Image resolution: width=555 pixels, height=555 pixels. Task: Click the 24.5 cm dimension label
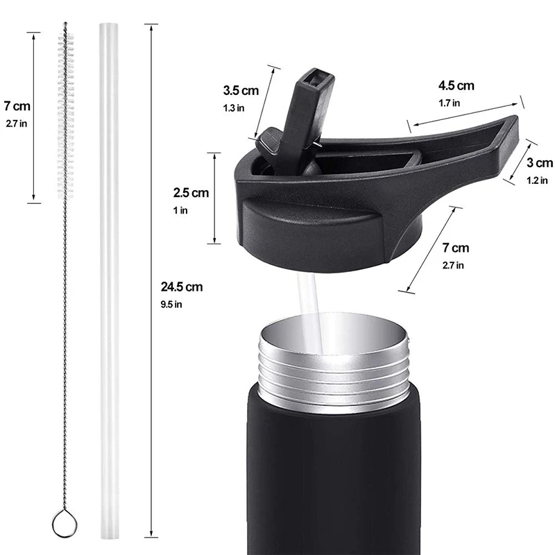(x=182, y=287)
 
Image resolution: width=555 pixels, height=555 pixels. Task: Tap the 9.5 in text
(x=171, y=305)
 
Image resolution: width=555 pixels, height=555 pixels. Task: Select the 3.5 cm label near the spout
(x=241, y=91)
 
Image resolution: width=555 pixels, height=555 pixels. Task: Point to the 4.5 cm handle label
(x=456, y=85)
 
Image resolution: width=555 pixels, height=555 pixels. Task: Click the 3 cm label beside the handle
(x=540, y=163)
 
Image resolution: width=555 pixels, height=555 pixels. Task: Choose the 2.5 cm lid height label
(x=191, y=193)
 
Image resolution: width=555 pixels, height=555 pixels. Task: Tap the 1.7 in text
(x=449, y=103)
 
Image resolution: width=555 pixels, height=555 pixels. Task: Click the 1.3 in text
(x=234, y=108)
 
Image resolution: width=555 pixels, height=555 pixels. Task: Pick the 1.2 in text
(x=537, y=180)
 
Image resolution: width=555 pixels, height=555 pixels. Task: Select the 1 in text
(x=180, y=211)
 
